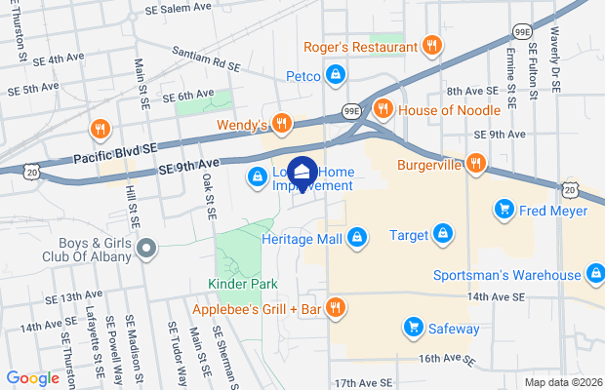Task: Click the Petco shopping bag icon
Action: click(x=335, y=74)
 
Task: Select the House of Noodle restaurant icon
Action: click(x=383, y=109)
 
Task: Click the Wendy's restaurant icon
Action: click(x=281, y=124)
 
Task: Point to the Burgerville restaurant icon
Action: click(x=476, y=163)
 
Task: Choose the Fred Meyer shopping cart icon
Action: click(x=504, y=209)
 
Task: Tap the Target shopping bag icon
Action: click(x=443, y=234)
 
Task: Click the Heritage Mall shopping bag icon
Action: click(x=357, y=237)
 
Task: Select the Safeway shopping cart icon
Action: click(x=414, y=328)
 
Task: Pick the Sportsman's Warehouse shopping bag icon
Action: click(x=595, y=275)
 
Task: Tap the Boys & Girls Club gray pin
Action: click(x=146, y=250)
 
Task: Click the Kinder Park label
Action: click(x=242, y=284)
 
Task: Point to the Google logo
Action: click(x=33, y=378)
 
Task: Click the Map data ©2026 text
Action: click(x=563, y=381)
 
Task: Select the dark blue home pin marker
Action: click(x=302, y=175)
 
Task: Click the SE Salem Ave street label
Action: click(x=178, y=7)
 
